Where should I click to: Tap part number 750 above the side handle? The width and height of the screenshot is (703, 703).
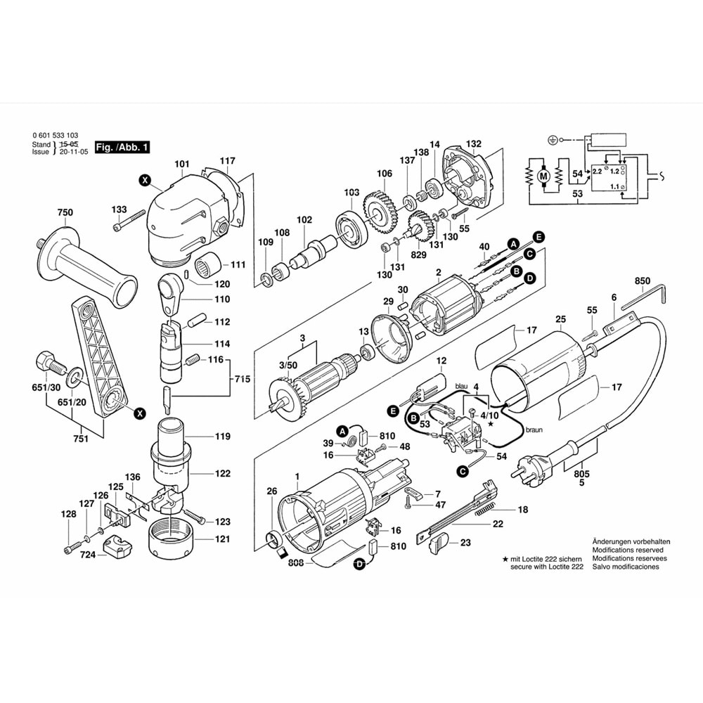click(65, 213)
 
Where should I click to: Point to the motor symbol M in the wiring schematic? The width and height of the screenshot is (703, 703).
click(542, 176)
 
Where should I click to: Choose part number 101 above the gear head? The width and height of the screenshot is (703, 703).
click(182, 165)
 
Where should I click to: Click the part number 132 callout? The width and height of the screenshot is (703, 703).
click(474, 143)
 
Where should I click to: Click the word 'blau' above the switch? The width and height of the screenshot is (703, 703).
click(461, 386)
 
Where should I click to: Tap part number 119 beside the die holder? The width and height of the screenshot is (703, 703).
click(222, 437)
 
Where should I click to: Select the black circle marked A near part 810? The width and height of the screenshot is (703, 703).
click(342, 430)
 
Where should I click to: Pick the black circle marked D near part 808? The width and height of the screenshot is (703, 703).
click(360, 563)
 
